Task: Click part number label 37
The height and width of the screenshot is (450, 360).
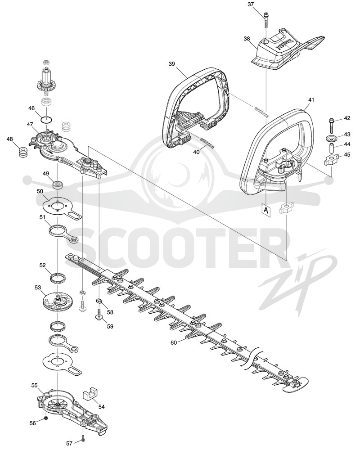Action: pos(251,4)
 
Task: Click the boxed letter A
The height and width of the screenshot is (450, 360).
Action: pos(266,211)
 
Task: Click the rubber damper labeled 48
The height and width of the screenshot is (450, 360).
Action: pos(22,152)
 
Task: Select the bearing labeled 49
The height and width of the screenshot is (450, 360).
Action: pos(58,184)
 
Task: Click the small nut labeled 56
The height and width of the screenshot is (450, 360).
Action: pos(46,417)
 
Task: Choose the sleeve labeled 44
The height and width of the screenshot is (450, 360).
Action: pos(332,149)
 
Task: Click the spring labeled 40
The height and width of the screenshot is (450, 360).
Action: pos(207,142)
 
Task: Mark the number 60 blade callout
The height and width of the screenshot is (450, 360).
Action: pos(174,342)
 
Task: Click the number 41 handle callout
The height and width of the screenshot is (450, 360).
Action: pos(303,100)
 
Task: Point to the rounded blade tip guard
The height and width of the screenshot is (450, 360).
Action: pos(296,386)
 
